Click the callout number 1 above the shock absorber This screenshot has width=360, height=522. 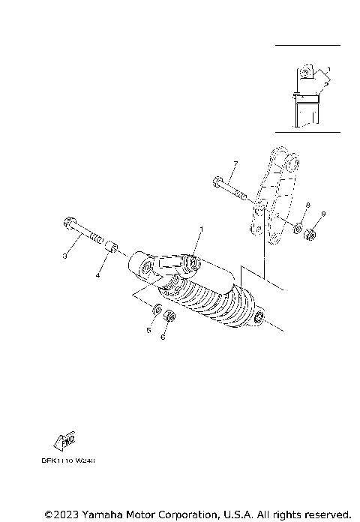click(x=200, y=228)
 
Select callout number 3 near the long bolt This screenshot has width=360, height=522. click(x=65, y=257)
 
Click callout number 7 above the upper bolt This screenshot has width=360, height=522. click(x=235, y=163)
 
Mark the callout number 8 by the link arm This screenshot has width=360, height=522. click(x=307, y=205)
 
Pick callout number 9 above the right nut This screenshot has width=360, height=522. click(x=323, y=214)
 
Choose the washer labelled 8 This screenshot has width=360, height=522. click(x=297, y=227)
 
